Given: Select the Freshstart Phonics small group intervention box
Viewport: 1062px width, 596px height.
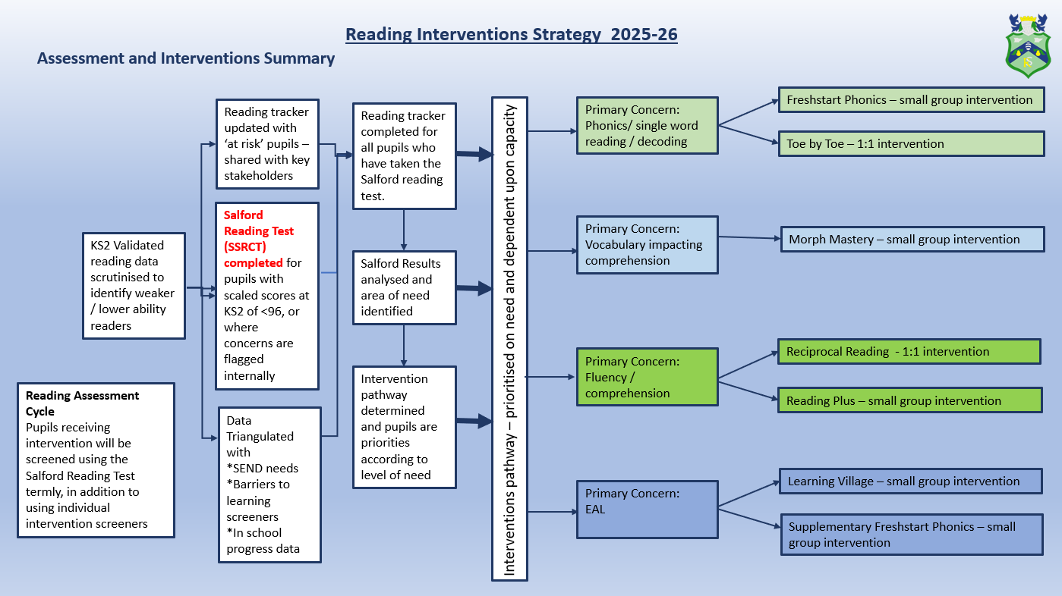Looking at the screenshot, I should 909,100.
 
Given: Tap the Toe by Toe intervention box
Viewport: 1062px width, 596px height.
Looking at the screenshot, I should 909,143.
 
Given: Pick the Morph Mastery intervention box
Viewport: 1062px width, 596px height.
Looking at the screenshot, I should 912,239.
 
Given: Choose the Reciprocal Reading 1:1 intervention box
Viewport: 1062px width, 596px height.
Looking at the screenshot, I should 909,352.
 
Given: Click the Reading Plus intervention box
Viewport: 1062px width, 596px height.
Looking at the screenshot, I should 909,400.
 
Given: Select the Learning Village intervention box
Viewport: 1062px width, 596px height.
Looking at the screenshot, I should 910,482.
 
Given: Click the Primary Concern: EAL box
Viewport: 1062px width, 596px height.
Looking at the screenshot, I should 647,509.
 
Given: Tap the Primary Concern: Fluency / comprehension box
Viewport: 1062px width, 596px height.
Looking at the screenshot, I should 647,377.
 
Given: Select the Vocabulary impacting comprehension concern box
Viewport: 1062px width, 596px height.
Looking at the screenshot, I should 647,244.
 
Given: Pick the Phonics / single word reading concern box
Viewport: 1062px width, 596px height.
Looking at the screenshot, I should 647,125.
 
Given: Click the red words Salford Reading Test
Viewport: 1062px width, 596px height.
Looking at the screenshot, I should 259,231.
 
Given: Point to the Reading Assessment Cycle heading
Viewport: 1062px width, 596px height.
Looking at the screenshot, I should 82,403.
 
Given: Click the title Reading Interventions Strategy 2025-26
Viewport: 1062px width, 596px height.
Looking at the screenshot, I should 511,34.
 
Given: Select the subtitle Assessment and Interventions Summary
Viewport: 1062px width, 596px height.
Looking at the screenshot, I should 186,58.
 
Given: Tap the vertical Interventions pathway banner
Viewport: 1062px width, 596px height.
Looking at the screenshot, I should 509,338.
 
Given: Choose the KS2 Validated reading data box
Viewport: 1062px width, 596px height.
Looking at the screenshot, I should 134,285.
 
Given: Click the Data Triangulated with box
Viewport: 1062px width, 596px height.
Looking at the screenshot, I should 269,485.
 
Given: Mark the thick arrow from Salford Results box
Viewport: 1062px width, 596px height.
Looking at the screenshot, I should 474,288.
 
